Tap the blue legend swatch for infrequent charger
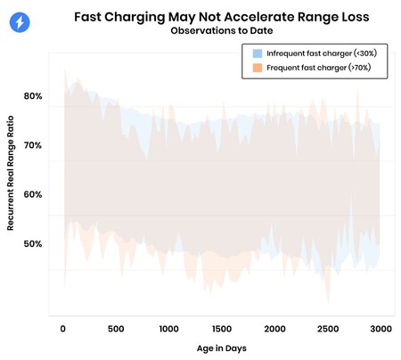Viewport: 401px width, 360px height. pyautogui.click(x=258, y=53)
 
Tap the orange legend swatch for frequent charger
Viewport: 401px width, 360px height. pyautogui.click(x=258, y=67)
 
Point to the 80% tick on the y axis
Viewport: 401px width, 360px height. pyautogui.click(x=33, y=95)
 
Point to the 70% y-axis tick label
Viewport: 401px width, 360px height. pyautogui.click(x=33, y=144)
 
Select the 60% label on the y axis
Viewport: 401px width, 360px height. pyautogui.click(x=33, y=194)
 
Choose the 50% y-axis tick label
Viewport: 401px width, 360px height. pyautogui.click(x=33, y=243)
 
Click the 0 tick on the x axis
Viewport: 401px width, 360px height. pyautogui.click(x=62, y=328)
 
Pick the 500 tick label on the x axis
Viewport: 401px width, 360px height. pyautogui.click(x=115, y=328)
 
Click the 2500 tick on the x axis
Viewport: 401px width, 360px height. pyautogui.click(x=327, y=328)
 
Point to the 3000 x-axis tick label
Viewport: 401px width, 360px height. pyautogui.click(x=380, y=328)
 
